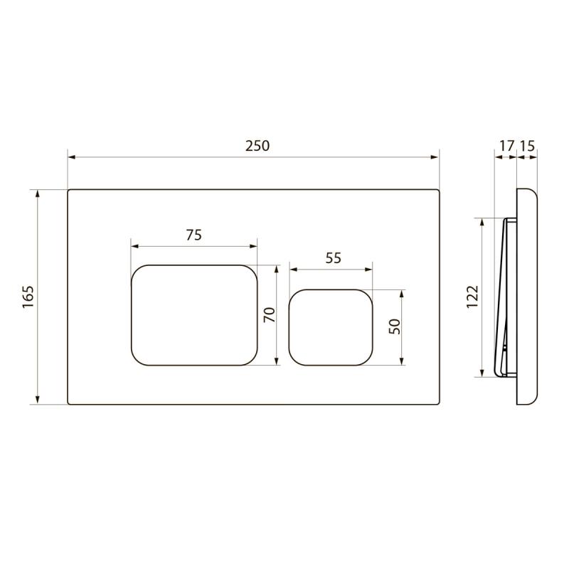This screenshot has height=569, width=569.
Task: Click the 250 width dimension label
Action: [x=257, y=146]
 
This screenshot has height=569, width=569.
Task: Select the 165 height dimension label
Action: [x=28, y=297]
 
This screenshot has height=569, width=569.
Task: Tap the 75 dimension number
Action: [x=193, y=235]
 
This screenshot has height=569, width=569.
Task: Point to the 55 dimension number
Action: [x=333, y=258]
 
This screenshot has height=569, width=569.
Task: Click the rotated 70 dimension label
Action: [x=270, y=314]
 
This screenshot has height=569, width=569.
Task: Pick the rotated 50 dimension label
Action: [x=395, y=326]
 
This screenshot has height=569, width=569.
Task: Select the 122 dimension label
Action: [x=472, y=297]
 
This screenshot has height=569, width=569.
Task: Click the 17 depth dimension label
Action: [x=507, y=146]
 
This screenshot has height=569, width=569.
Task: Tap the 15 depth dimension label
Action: [x=527, y=146]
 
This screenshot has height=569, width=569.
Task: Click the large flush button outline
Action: [x=194, y=265]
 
